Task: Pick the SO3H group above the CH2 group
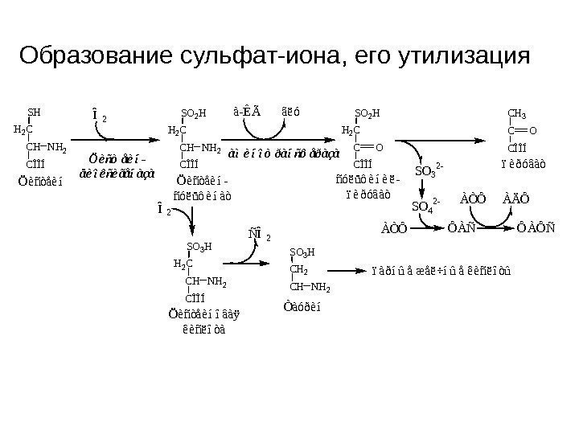(x=302, y=252)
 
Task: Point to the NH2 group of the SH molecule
(x=56, y=147)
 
